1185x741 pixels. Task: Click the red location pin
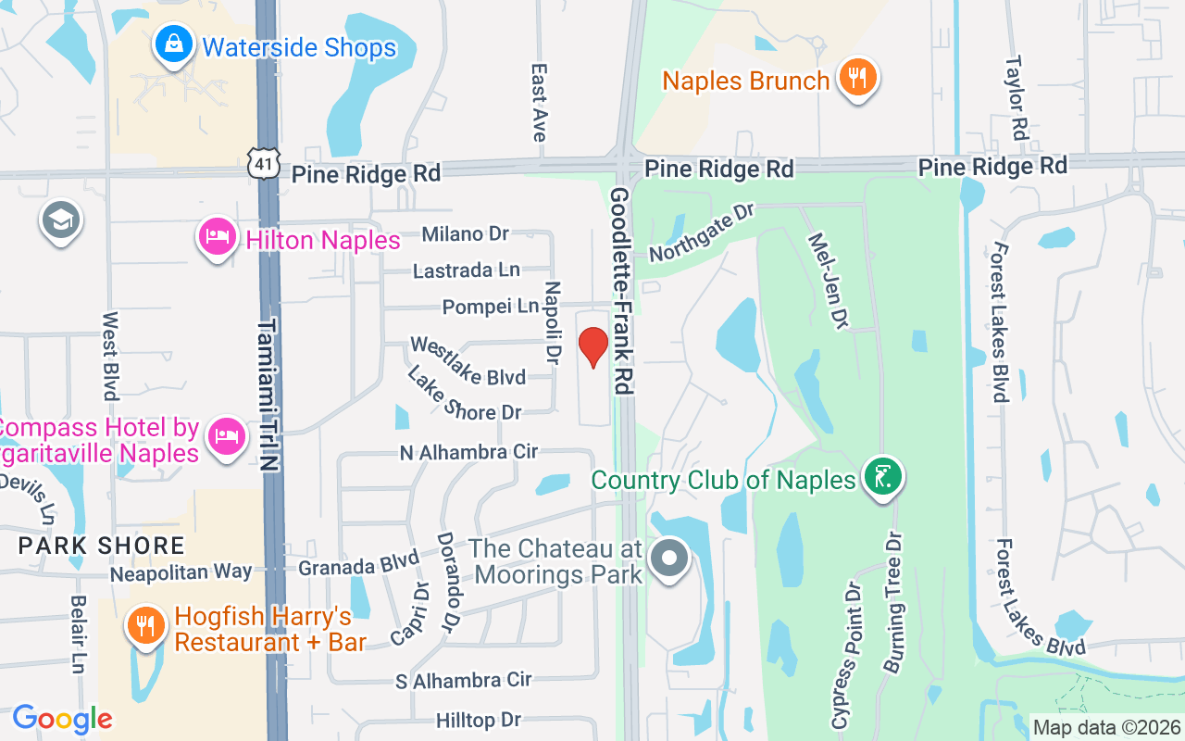pos(592,347)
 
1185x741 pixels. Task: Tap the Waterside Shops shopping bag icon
pos(172,44)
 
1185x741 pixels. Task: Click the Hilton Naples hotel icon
pos(218,238)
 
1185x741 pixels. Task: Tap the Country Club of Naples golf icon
pos(882,477)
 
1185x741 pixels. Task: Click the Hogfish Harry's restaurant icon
pos(146,626)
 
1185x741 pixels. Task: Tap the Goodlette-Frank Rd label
pos(620,291)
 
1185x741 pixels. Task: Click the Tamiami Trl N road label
pos(268,396)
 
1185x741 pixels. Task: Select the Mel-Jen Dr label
pos(828,281)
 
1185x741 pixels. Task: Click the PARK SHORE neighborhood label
pos(102,546)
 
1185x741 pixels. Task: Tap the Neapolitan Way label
pos(181,572)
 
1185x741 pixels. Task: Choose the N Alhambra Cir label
pos(468,453)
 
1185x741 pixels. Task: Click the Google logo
pos(63,719)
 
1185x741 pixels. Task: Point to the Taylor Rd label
pos(1017,97)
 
